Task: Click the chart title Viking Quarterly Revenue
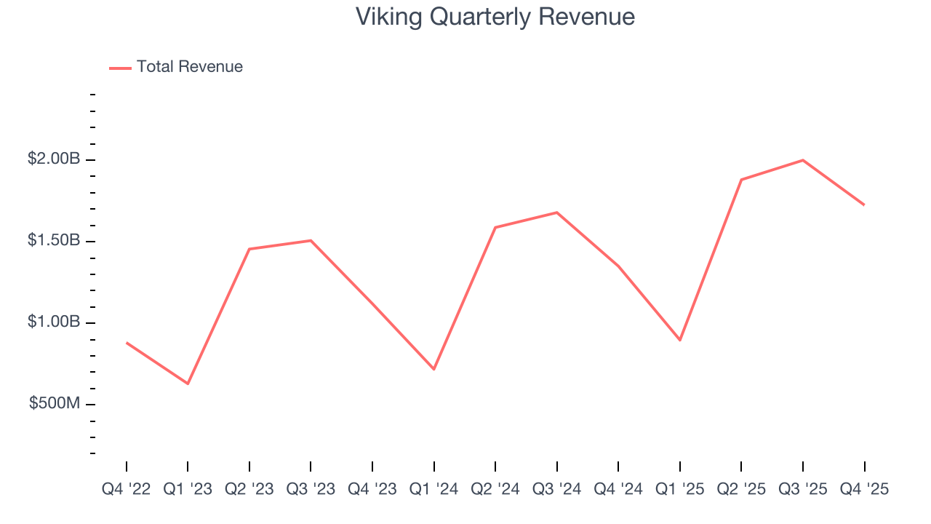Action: pyautogui.click(x=495, y=17)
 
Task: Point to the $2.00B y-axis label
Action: pyautogui.click(x=54, y=159)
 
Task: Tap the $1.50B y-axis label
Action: pyautogui.click(x=54, y=240)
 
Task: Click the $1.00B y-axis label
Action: pyautogui.click(x=54, y=322)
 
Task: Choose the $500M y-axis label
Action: pyautogui.click(x=55, y=403)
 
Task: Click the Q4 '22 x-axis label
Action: pyautogui.click(x=126, y=489)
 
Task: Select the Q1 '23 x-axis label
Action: pyautogui.click(x=188, y=489)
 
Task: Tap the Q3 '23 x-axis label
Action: pyautogui.click(x=311, y=489)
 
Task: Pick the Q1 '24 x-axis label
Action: pyautogui.click(x=433, y=489)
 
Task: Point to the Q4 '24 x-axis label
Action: pyautogui.click(x=618, y=489)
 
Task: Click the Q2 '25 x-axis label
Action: pyautogui.click(x=741, y=489)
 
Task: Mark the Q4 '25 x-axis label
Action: pyautogui.click(x=864, y=489)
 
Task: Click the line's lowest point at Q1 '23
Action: pyautogui.click(x=188, y=384)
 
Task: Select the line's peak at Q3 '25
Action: pyautogui.click(x=802, y=160)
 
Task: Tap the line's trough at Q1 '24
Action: pyautogui.click(x=433, y=369)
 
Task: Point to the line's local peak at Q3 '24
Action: pyautogui.click(x=556, y=213)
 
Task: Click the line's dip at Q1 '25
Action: pyautogui.click(x=679, y=340)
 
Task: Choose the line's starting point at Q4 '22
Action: pyautogui.click(x=127, y=342)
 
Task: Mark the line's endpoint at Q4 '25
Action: pyautogui.click(x=864, y=205)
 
